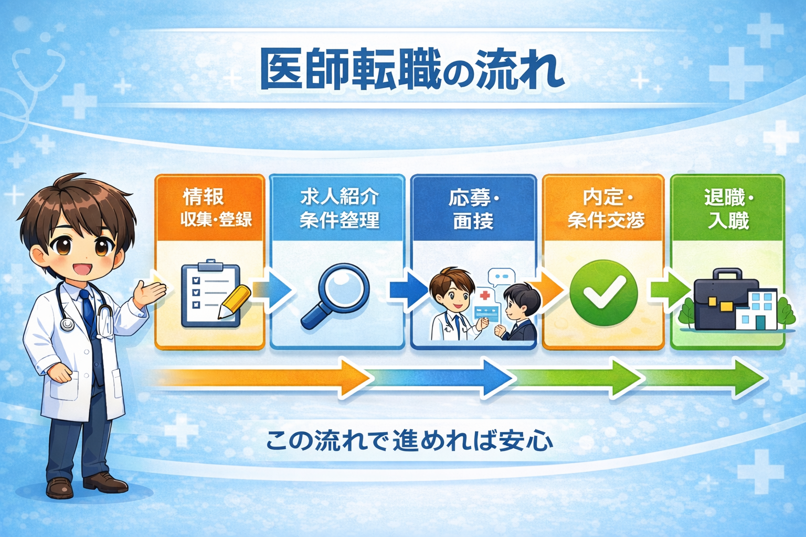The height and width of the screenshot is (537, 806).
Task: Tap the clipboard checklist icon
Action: (x=211, y=294)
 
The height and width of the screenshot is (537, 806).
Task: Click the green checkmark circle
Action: (x=603, y=293)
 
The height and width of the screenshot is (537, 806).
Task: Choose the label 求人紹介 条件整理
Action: (x=340, y=208)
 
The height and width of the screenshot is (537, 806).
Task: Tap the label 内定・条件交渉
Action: (x=606, y=209)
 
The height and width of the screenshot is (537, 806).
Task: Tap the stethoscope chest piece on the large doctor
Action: (x=67, y=324)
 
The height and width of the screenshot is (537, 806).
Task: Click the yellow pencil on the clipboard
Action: (x=234, y=302)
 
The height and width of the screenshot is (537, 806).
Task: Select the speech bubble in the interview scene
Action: (x=501, y=277)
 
